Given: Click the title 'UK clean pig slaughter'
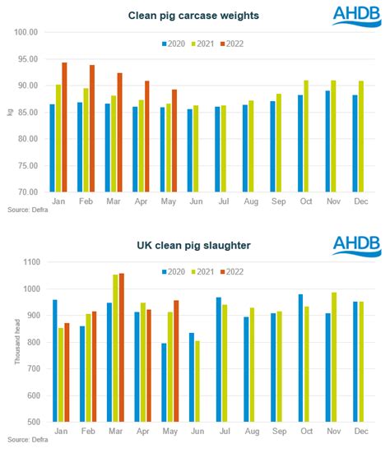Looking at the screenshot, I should tap(195, 245).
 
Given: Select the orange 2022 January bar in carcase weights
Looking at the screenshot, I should tap(64, 127).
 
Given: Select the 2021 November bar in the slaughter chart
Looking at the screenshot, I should tap(333, 357).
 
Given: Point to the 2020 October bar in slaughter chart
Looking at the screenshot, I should tap(300, 358).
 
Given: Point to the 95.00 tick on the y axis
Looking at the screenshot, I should tap(27, 59).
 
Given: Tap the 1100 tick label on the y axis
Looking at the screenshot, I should tap(30, 262).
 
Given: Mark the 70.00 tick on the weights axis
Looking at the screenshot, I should tap(27, 192).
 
